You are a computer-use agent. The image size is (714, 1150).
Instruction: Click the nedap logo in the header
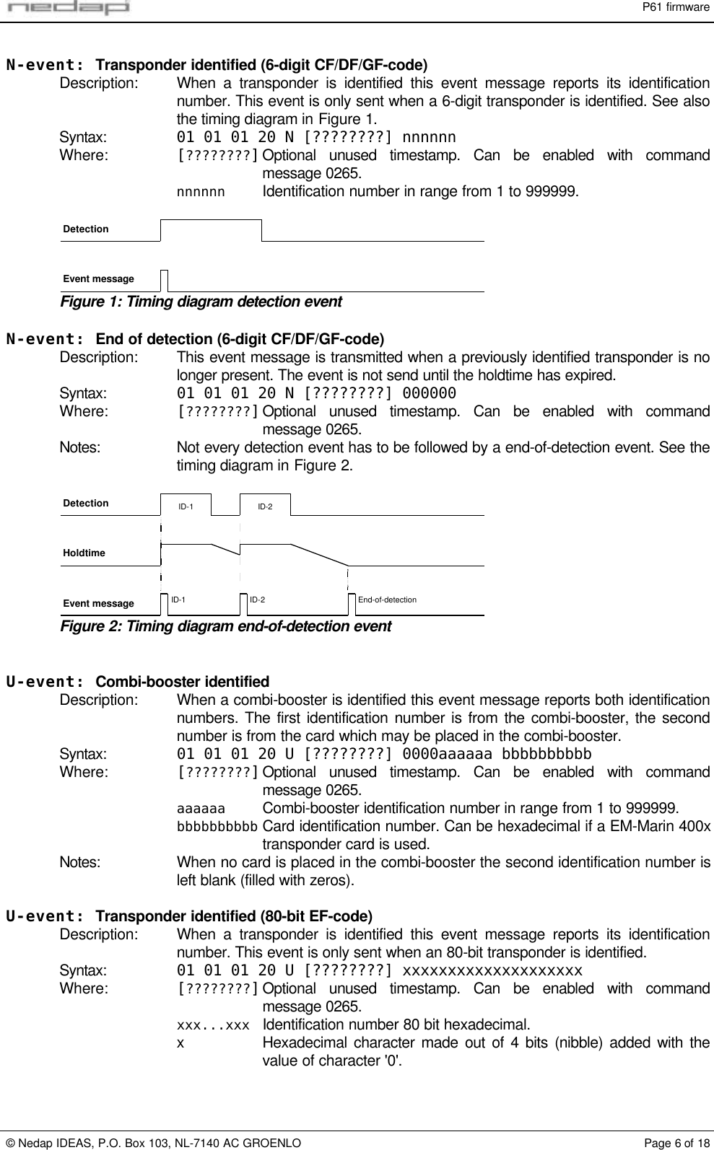click(x=66, y=9)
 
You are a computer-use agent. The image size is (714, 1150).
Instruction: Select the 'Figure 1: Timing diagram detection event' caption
click(x=201, y=302)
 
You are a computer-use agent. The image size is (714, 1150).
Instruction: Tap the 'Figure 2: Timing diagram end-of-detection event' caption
click(x=225, y=626)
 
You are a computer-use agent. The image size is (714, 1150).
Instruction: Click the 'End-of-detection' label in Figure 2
click(x=387, y=600)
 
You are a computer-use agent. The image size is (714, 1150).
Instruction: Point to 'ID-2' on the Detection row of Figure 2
click(x=265, y=506)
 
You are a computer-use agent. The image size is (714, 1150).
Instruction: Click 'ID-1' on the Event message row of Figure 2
click(x=178, y=600)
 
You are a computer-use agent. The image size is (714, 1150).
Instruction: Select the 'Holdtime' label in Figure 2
click(x=84, y=553)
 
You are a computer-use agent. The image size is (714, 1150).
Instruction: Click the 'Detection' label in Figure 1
click(x=86, y=229)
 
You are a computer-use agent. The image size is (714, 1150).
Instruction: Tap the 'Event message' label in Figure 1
click(x=99, y=278)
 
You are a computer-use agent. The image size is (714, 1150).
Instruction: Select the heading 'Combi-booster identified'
click(x=183, y=682)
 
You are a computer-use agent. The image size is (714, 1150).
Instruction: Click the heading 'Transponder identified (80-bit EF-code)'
click(x=234, y=917)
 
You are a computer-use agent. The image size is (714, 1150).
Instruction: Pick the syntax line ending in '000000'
click(x=316, y=393)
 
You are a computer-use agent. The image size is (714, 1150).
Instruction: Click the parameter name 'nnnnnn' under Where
click(x=201, y=192)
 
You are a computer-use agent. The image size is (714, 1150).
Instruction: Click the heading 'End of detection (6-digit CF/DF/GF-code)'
click(x=240, y=339)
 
